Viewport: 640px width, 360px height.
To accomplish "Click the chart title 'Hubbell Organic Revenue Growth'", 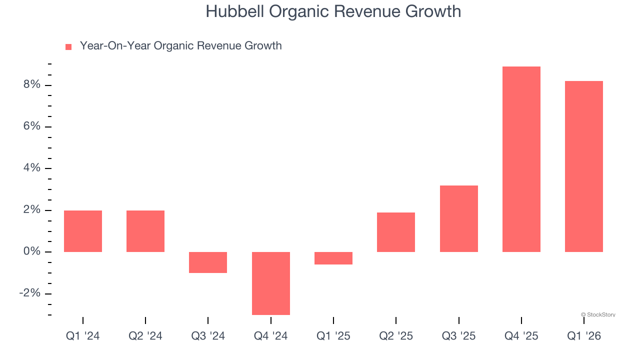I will pyautogui.click(x=333, y=11).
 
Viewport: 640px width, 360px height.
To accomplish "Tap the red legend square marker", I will pyautogui.click(x=68, y=46).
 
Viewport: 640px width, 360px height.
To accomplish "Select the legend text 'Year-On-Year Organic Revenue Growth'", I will pyautogui.click(x=180, y=46).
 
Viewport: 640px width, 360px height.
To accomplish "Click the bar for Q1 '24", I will pyautogui.click(x=83, y=231).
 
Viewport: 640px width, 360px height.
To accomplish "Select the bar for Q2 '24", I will pyautogui.click(x=145, y=231).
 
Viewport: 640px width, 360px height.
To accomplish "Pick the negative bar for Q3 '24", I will pyautogui.click(x=208, y=262).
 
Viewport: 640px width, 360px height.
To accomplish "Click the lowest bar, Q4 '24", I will pyautogui.click(x=270, y=283).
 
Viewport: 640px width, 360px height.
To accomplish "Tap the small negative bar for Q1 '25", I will pyautogui.click(x=333, y=258).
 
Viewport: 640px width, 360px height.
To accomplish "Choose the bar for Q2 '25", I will pyautogui.click(x=396, y=232).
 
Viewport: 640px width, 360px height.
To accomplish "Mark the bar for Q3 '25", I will pyautogui.click(x=458, y=218).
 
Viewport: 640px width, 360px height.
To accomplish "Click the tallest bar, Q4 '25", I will pyautogui.click(x=521, y=159).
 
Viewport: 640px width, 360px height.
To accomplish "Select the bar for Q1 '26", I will pyautogui.click(x=583, y=166).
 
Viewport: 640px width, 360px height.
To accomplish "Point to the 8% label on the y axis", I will pyautogui.click(x=31, y=85).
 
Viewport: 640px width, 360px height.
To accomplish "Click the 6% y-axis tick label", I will pyautogui.click(x=31, y=126).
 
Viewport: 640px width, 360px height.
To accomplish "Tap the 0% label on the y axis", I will pyautogui.click(x=31, y=251).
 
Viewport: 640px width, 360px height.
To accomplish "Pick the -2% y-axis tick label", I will pyautogui.click(x=29, y=293).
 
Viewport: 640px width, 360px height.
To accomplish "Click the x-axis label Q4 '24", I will pyautogui.click(x=270, y=336).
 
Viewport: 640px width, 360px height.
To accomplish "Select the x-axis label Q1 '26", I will pyautogui.click(x=583, y=336).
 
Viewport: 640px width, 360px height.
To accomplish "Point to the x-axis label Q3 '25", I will pyautogui.click(x=458, y=336).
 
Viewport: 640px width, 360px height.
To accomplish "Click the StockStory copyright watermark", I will pyautogui.click(x=598, y=314).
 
